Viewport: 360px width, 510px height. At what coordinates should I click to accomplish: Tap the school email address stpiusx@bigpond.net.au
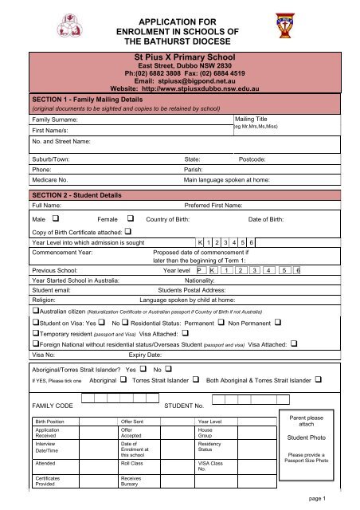pyautogui.click(x=179, y=81)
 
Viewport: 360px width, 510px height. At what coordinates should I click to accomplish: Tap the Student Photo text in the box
pyautogui.click(x=307, y=438)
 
